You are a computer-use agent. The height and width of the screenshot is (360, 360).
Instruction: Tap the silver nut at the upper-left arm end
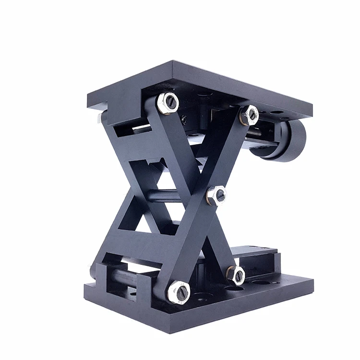coord(168,103)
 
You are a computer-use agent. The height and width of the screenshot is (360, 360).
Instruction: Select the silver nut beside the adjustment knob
coord(249,115)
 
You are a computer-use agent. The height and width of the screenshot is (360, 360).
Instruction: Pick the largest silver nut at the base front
coord(179,291)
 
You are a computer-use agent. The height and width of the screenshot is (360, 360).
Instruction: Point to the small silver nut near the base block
coord(236,275)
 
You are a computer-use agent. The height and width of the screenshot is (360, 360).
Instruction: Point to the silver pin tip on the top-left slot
coord(98,117)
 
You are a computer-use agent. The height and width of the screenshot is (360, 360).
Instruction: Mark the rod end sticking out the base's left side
coord(92,272)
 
